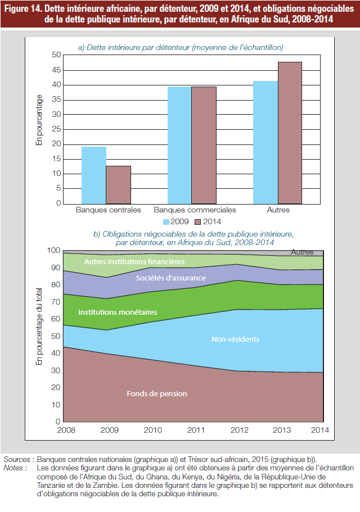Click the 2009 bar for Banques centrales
[x=94, y=175]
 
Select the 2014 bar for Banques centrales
[x=118, y=185]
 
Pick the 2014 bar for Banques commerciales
[x=204, y=146]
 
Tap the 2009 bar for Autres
[x=265, y=142]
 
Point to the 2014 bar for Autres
[x=290, y=133]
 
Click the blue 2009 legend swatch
[x=166, y=222]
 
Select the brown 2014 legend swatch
[x=197, y=222]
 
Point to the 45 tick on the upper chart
[x=56, y=70]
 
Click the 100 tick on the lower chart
[x=53, y=251]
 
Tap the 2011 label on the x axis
[x=196, y=430]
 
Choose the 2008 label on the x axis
[x=66, y=430]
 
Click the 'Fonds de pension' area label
[x=157, y=394]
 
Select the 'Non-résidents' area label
[x=236, y=339]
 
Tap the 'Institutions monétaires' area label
[x=118, y=312]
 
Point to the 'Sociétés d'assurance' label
[x=171, y=278]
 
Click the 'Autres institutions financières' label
[x=134, y=261]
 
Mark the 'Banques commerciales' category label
[x=195, y=210]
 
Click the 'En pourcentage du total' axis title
[x=39, y=327]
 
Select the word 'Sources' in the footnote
[x=17, y=459]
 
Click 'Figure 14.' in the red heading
[x=23, y=8]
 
